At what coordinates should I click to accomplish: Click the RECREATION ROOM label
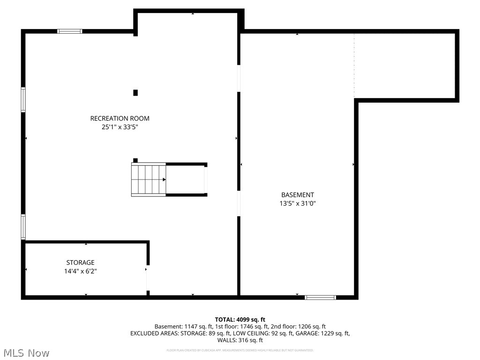click(120, 119)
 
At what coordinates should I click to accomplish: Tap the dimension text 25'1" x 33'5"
click(120, 127)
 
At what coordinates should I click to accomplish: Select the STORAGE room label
click(80, 262)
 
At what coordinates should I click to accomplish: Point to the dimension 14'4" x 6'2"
click(80, 271)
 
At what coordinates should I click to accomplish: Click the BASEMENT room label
click(297, 195)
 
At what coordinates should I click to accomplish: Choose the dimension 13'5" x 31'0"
click(297, 203)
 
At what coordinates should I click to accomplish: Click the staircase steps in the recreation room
click(149, 180)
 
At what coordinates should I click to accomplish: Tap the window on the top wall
click(69, 31)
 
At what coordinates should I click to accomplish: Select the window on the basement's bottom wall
click(320, 297)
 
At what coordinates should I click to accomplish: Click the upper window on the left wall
click(23, 99)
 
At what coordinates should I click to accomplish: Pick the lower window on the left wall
click(23, 227)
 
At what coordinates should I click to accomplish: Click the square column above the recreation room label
click(135, 93)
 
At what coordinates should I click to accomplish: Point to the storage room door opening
click(147, 279)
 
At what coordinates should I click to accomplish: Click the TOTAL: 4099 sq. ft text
click(240, 320)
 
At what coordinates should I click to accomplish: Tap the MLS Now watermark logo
click(26, 352)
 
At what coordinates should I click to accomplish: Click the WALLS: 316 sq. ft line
click(240, 340)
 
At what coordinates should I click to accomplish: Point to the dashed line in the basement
click(354, 66)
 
